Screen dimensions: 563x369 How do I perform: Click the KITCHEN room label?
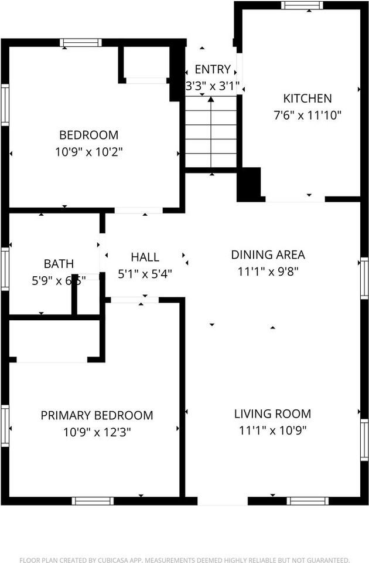[x=307, y=99]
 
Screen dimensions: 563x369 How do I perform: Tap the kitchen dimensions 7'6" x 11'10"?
[x=307, y=115]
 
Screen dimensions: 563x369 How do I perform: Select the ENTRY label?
[x=213, y=70]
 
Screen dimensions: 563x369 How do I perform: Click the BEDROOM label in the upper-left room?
[x=88, y=135]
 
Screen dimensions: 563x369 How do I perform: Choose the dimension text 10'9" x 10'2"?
[x=88, y=151]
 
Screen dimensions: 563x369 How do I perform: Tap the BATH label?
[x=58, y=264]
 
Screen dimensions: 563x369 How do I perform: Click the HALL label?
[x=145, y=257]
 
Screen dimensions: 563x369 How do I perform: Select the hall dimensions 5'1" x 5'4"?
[x=145, y=273]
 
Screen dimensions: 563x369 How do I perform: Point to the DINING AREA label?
[x=268, y=255]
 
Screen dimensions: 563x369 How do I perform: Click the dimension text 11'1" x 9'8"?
[x=268, y=272]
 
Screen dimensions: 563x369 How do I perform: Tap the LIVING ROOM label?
[x=272, y=414]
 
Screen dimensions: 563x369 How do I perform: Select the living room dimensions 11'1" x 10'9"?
[x=272, y=430]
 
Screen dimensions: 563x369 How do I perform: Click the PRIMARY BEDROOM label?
[x=97, y=415]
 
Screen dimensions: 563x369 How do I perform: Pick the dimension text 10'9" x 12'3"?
[x=97, y=432]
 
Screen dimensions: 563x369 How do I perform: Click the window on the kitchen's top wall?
[x=302, y=5]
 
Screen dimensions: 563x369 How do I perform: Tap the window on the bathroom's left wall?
[x=5, y=269]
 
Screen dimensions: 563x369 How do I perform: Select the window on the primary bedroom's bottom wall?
[x=93, y=501]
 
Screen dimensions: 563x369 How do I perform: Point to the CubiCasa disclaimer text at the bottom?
[x=184, y=559]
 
